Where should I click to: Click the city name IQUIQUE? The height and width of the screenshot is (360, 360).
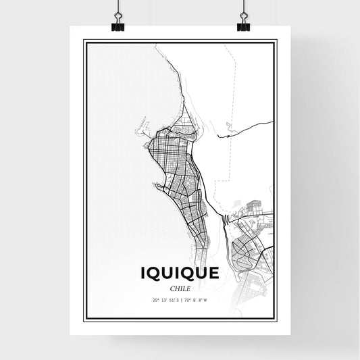pyautogui.click(x=180, y=274)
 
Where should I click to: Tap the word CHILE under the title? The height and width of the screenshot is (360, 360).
pyautogui.click(x=180, y=288)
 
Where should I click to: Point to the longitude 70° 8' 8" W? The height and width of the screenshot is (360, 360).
pyautogui.click(x=197, y=299)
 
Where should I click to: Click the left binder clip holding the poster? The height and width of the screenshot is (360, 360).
pyautogui.click(x=119, y=22)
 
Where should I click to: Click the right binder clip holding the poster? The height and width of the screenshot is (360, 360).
pyautogui.click(x=242, y=22)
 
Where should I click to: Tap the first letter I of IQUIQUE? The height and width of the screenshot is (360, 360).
pyautogui.click(x=143, y=274)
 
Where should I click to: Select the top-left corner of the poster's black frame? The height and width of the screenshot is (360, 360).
pyautogui.click(x=84, y=41)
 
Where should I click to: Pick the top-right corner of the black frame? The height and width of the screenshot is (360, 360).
pyautogui.click(x=276, y=41)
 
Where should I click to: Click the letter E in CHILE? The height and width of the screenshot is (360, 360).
pyautogui.click(x=188, y=288)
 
